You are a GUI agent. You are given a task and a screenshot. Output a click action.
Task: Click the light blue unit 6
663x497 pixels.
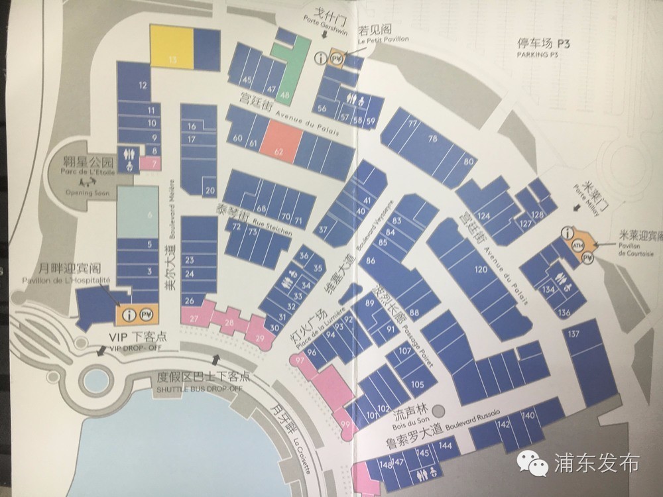pyautogui.click(x=139, y=211)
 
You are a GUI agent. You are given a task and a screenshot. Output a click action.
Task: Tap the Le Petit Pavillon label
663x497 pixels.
pyautogui.click(x=383, y=38)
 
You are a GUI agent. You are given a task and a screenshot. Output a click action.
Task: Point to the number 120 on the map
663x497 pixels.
pyautogui.click(x=481, y=270)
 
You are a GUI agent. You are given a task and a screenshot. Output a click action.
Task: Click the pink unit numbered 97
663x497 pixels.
pyautogui.click(x=300, y=359)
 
